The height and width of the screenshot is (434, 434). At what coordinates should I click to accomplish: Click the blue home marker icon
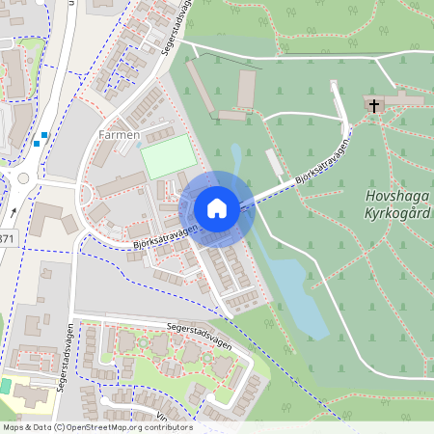217,207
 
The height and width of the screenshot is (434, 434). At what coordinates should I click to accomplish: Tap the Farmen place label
120,134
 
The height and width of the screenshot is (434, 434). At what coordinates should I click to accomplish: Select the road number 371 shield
5,238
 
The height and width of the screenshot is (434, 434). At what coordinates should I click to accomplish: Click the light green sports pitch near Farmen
168,156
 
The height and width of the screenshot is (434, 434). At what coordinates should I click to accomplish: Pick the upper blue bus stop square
44,135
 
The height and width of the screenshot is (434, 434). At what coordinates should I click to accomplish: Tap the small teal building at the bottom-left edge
6,385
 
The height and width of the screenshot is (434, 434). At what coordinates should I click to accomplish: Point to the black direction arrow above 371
15,212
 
